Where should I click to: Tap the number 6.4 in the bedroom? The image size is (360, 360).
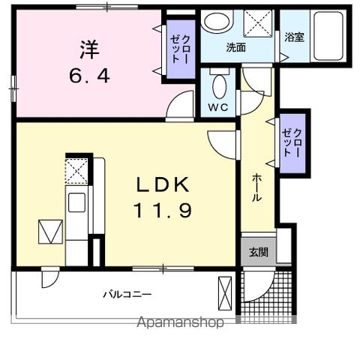[x=88, y=76]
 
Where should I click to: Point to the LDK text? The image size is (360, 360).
[x=162, y=184]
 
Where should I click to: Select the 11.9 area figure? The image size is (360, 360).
[x=163, y=211]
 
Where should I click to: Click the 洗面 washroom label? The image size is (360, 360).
[x=236, y=47]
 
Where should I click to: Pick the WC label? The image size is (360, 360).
[x=217, y=106]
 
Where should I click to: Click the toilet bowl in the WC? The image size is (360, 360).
[x=219, y=86]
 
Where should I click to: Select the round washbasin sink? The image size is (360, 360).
[x=218, y=22]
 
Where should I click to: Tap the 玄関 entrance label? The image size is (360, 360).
[x=258, y=252]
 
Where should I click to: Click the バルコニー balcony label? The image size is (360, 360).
[x=127, y=294]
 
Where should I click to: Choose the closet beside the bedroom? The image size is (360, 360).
[x=178, y=49]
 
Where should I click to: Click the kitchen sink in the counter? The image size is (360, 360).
[x=76, y=204]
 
